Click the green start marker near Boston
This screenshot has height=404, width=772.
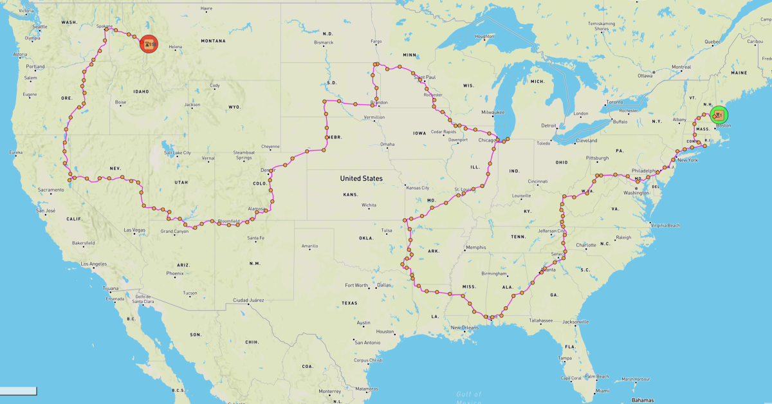pyautogui.click(x=719, y=115)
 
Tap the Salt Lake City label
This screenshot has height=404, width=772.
pyautogui.click(x=178, y=153)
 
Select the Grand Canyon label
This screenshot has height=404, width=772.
pyautogui.click(x=174, y=231)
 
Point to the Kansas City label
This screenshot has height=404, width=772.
pyautogui.click(x=417, y=188)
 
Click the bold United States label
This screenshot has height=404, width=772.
pyautogui.click(x=361, y=178)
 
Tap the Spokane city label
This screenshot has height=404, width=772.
pyautogui.click(x=104, y=26)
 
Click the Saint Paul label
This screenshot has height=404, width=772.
pyautogui.click(x=425, y=77)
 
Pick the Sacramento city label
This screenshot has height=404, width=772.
pyautogui.click(x=51, y=190)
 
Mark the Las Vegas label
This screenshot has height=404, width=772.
pyautogui.click(x=134, y=230)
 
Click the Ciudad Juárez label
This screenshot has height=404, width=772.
pyautogui.click(x=249, y=300)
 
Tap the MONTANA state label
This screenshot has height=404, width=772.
pyautogui.click(x=213, y=41)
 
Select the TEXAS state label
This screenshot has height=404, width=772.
pyautogui.click(x=349, y=303)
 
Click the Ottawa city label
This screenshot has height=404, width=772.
pyautogui.click(x=645, y=75)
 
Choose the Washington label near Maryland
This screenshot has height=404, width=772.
pyautogui.click(x=636, y=193)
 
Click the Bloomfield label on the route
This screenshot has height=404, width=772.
pyautogui.click(x=229, y=221)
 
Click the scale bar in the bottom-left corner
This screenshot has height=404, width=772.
pyautogui.click(x=18, y=390)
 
